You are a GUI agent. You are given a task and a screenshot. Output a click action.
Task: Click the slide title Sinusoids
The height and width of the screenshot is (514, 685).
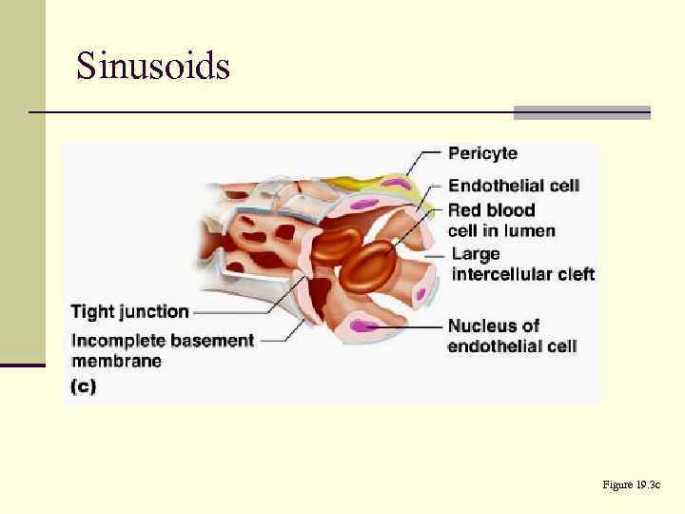tap(153, 67)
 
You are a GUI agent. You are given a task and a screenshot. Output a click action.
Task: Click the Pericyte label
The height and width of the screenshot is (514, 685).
tap(482, 153)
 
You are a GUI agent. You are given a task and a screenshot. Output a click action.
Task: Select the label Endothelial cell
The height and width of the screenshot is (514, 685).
tap(513, 186)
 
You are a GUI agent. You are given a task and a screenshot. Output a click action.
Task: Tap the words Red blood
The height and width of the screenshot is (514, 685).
tap(491, 210)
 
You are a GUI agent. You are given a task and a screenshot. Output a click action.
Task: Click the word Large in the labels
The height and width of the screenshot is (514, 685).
tap(475, 254)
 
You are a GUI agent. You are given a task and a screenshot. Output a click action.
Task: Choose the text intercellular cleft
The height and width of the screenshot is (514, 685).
tap(522, 275)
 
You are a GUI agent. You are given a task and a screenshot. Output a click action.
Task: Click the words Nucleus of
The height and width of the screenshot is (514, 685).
tap(494, 326)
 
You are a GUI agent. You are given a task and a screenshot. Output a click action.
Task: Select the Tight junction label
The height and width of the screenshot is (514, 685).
tap(130, 311)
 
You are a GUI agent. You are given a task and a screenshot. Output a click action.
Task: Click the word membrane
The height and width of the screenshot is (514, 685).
tap(117, 361)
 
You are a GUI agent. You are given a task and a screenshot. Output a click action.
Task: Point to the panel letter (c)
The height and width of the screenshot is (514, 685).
tap(84, 387)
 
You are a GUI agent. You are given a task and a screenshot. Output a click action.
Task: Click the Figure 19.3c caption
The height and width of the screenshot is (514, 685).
tap(631, 485)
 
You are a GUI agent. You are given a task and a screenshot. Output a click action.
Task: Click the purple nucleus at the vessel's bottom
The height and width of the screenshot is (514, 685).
tap(362, 326)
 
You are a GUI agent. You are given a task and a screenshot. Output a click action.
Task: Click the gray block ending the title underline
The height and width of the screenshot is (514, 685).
tap(581, 112)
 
